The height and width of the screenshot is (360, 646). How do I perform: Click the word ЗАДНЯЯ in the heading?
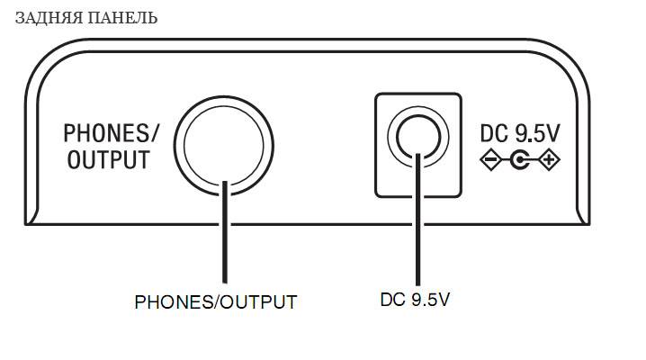(x=45, y=18)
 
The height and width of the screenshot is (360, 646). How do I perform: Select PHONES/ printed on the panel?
(x=111, y=134)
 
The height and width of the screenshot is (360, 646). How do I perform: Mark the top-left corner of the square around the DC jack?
(x=376, y=93)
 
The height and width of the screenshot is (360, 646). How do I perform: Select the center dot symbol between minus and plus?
(x=519, y=161)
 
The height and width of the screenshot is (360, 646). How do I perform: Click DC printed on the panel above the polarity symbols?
(x=494, y=134)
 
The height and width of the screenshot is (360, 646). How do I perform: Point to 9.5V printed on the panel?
(x=537, y=134)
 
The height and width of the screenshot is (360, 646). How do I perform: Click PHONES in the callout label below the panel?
(x=167, y=302)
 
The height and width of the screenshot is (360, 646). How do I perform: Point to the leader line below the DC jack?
(x=419, y=225)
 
